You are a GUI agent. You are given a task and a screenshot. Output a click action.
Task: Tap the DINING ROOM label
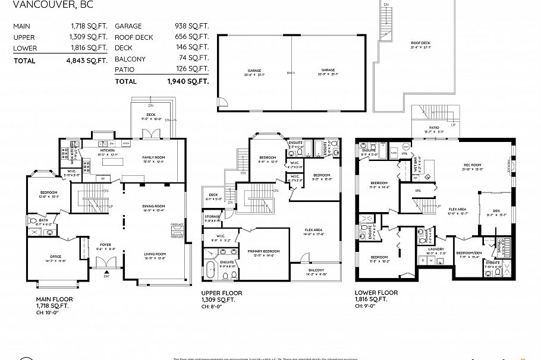coord(154,206)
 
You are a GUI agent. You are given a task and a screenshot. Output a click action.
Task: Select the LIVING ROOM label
coord(155,254)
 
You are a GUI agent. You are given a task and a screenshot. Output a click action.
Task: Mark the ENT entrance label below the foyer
coord(106,276)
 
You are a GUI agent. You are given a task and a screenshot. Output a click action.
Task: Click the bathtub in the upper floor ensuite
coord(211,270)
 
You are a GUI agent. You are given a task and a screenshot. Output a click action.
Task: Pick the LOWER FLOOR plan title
coord(376,293)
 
